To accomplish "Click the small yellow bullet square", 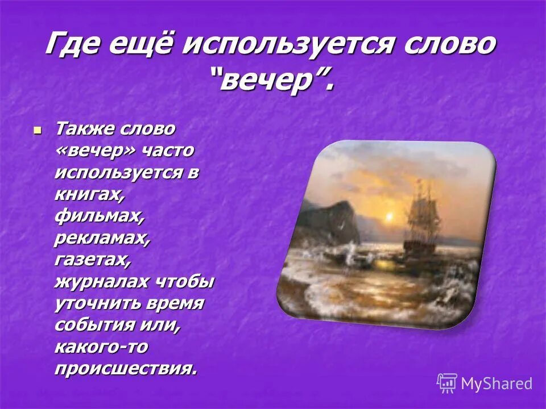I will pos(38,131).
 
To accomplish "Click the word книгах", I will pos(89,195).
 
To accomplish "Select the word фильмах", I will pos(98,216).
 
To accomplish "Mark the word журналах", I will pos(102,282).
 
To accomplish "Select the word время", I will pos(176,303).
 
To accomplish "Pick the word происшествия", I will pos(126,369).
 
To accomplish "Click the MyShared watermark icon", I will pos(447,383).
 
